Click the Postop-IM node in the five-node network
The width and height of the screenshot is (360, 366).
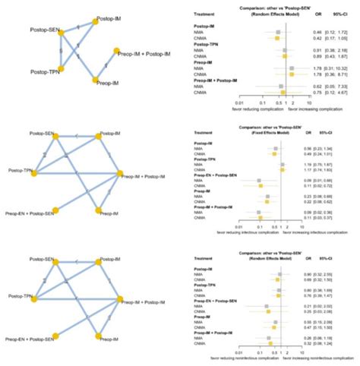click(96, 22)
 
